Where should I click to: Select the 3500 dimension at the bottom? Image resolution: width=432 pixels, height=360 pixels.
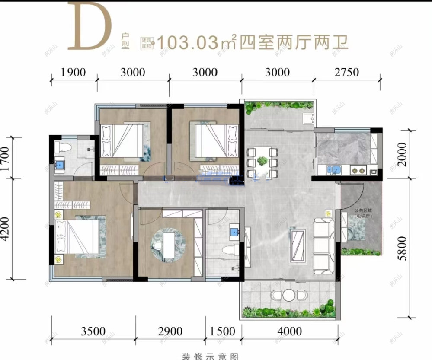[93, 331]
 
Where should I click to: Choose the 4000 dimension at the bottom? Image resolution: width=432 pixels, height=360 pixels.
[289, 331]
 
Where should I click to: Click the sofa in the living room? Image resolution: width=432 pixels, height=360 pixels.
[323, 244]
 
